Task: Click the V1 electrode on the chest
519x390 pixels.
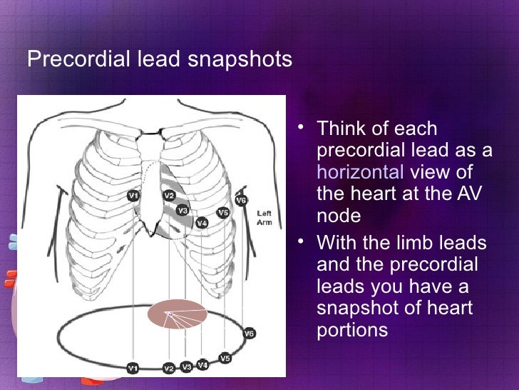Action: click(x=133, y=195)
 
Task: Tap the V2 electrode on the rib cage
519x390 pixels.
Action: click(x=169, y=195)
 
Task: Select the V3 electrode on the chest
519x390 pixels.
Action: click(x=183, y=211)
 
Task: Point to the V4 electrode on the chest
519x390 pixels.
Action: click(x=202, y=223)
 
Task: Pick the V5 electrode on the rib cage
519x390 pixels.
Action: click(x=223, y=212)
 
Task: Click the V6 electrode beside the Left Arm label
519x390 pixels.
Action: click(x=241, y=201)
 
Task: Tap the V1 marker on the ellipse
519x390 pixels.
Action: click(x=132, y=368)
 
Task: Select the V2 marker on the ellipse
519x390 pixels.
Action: click(x=169, y=369)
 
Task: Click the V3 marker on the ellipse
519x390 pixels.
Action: click(x=186, y=367)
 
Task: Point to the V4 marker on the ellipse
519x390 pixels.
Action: click(x=202, y=365)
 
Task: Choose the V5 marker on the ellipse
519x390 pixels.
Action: click(x=225, y=357)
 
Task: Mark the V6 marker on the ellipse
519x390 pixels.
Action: click(x=249, y=333)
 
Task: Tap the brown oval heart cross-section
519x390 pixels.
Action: click(x=178, y=314)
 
